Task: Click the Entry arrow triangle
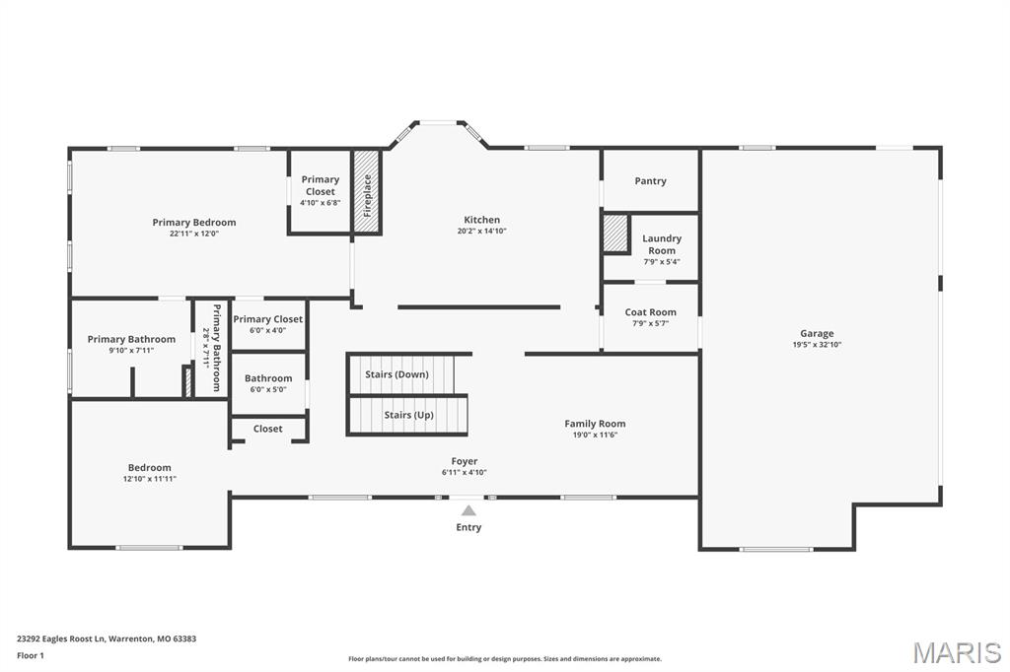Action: pos(469,509)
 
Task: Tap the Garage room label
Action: pos(817,334)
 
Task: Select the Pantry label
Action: pos(650,181)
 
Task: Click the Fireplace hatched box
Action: pos(367,192)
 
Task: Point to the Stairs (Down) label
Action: pos(397,374)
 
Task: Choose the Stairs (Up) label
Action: pos(408,415)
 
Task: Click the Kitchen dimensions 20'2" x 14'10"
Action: pos(481,232)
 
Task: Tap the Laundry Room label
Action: pos(662,244)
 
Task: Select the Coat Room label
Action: pos(650,312)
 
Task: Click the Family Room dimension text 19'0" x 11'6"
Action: pos(595,435)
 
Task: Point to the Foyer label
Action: pos(465,461)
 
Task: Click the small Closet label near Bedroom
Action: pos(267,429)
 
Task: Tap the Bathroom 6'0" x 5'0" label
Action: pos(268,378)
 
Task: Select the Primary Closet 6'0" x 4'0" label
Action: pos(268,319)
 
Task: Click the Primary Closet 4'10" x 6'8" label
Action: pos(321,185)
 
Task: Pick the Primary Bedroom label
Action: pos(194,223)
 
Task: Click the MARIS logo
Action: pos(957,651)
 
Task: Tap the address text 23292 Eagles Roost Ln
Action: pos(107,638)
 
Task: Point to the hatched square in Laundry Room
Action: pos(615,234)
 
